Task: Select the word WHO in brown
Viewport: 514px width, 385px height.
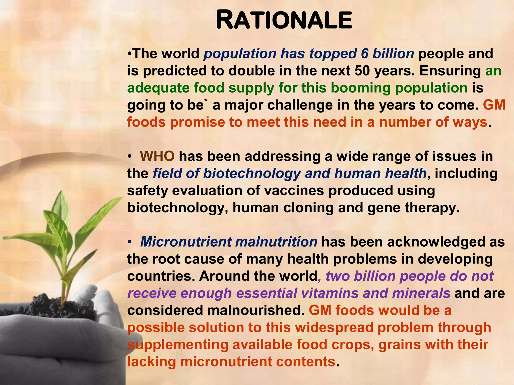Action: tap(157, 156)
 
